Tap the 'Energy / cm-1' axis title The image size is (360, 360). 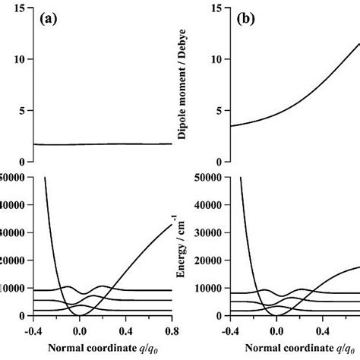coord(182,246)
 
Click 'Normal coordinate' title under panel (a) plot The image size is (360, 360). coord(99,350)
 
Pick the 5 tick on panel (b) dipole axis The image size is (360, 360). coord(219,110)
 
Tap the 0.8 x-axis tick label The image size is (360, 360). coord(172,330)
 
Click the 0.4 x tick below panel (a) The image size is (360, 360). coord(126,330)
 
